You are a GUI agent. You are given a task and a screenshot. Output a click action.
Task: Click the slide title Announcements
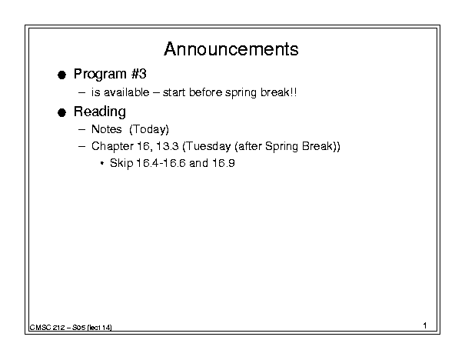point(231,49)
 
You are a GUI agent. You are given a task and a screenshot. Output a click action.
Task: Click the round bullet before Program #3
point(61,75)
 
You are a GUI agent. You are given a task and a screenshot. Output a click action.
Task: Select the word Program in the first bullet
point(100,75)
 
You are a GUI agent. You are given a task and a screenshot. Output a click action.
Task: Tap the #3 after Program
point(139,74)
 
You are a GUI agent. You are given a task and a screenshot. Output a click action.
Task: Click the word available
point(126,92)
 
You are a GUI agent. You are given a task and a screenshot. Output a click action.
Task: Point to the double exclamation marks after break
point(293,92)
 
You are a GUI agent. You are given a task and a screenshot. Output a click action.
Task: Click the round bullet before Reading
point(61,113)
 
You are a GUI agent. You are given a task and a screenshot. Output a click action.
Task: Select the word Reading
point(100,112)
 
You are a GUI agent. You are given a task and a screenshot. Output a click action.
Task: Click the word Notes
point(107,129)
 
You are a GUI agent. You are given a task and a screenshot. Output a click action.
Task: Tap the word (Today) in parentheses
point(149,129)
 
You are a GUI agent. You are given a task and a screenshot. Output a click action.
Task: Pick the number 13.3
point(168,146)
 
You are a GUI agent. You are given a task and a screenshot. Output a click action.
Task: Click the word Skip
point(121,163)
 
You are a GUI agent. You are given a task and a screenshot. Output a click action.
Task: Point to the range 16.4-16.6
point(161,163)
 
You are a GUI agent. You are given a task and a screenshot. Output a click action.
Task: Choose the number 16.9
point(224,163)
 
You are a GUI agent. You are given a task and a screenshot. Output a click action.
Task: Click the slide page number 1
point(425,325)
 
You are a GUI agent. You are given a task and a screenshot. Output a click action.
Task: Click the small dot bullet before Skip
point(102,163)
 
